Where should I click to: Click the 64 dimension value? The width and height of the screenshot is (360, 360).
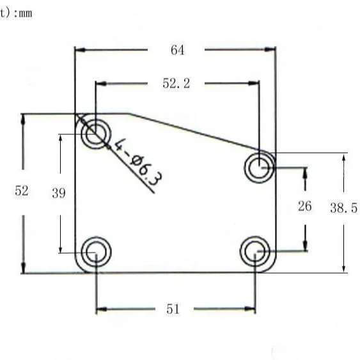[x=178, y=50]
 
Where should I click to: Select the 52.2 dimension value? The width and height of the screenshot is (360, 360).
[x=176, y=83]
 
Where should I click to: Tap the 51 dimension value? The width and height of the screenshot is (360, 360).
[x=173, y=309]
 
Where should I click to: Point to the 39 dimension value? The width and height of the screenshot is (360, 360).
[x=59, y=193]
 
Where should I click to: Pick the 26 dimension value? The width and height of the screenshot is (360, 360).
[x=305, y=206]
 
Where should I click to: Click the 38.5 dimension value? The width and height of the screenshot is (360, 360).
[x=344, y=208]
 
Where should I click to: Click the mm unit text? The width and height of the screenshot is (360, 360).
[x=26, y=13]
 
